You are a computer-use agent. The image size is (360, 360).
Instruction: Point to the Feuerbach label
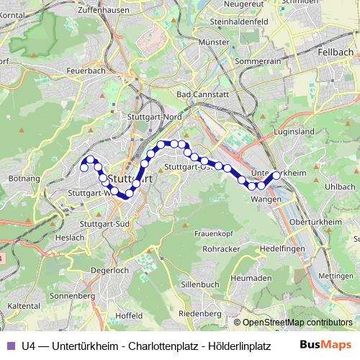(x=86, y=72)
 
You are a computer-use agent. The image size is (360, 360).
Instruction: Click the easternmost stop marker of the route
(x=276, y=175)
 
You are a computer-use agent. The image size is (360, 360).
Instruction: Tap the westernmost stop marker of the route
(x=84, y=168)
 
